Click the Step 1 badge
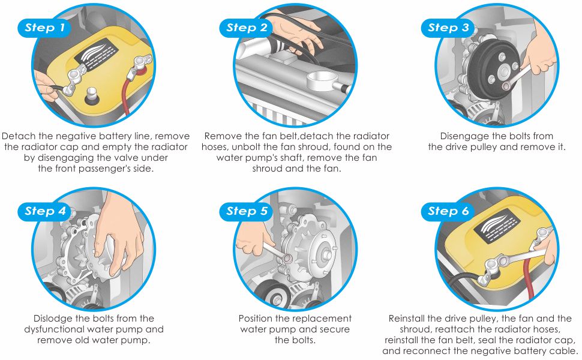(44, 28)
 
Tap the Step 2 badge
(247, 28)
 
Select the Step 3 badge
(448, 28)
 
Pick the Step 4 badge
(44, 212)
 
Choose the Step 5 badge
(247, 212)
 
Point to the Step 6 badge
(448, 212)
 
